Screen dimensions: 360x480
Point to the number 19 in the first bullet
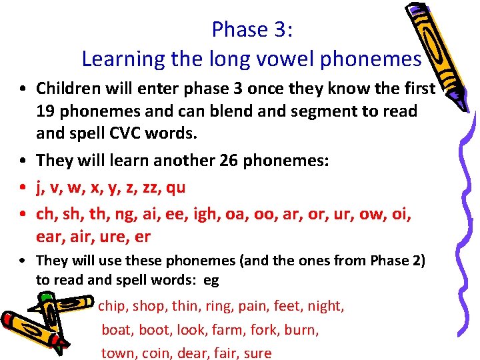click(45, 111)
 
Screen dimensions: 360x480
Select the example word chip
click(111, 306)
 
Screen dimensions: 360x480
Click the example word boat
click(116, 329)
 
